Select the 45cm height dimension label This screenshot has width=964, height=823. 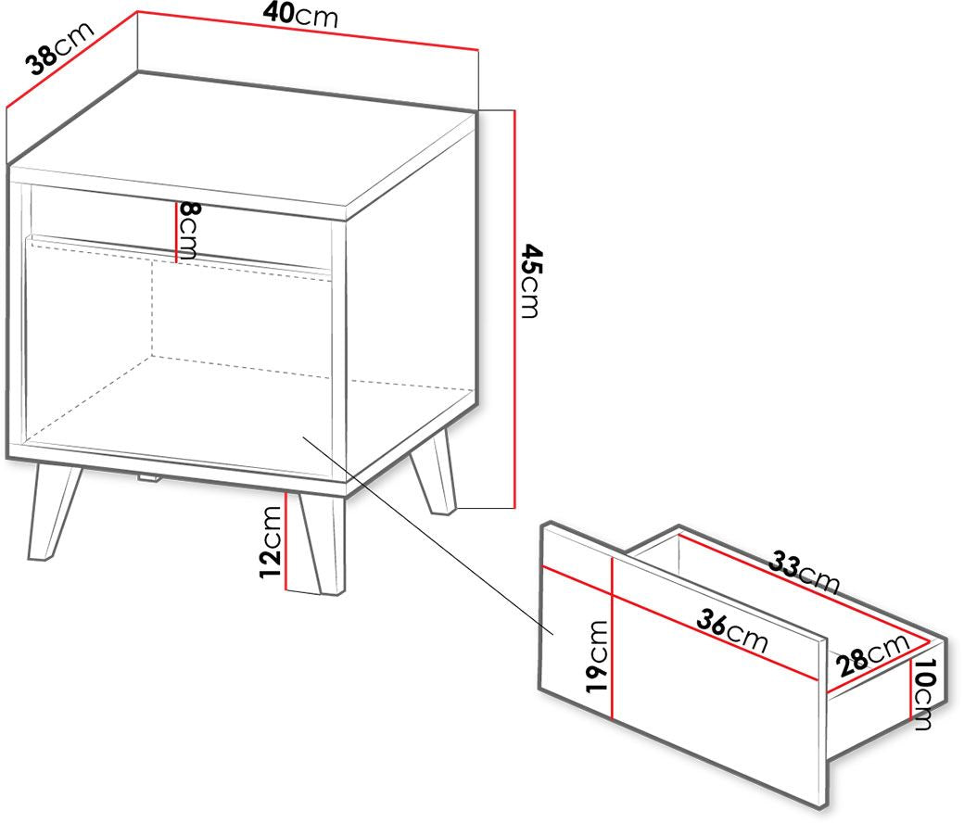click(530, 281)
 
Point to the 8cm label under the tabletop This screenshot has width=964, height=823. click(187, 231)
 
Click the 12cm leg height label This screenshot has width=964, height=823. click(271, 541)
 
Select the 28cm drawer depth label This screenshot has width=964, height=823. click(872, 654)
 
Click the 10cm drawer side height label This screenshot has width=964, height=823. click(924, 694)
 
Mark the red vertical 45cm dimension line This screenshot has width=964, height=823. click(514, 310)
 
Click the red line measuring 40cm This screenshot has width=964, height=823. click(308, 30)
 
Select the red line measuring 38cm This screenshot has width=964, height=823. click(71, 59)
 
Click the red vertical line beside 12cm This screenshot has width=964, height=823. click(285, 540)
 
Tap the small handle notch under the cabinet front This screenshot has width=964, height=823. click(149, 477)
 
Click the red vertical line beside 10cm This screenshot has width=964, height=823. click(910, 689)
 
